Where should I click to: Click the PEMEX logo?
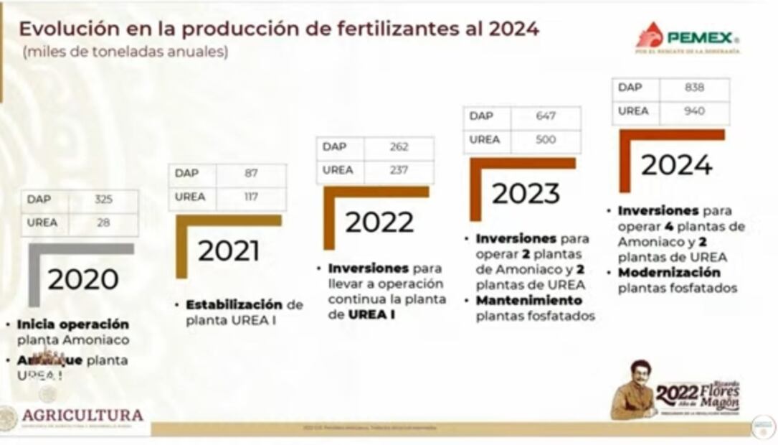pos(688,37)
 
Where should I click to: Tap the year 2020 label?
pos(83,279)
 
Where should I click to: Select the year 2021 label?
pos(229,250)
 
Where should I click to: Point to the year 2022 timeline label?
pos(379,222)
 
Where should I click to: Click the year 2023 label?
pos(526,193)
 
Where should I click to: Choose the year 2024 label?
pos(676,165)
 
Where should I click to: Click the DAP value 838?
pos(694,88)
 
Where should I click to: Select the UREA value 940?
pos(694,111)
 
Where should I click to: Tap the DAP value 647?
pos(546,116)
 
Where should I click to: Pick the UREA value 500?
pos(546,139)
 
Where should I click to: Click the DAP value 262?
pos(399,146)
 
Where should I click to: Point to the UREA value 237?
pos(399,170)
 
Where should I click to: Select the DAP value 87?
pos(251,173)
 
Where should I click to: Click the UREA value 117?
pos(251,197)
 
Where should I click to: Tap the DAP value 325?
pos(103,200)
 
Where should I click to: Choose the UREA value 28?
pos(103,222)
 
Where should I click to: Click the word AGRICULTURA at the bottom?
pos(82,416)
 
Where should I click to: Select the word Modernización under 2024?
pos(669,273)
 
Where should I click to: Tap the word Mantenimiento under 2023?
pos(529,301)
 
